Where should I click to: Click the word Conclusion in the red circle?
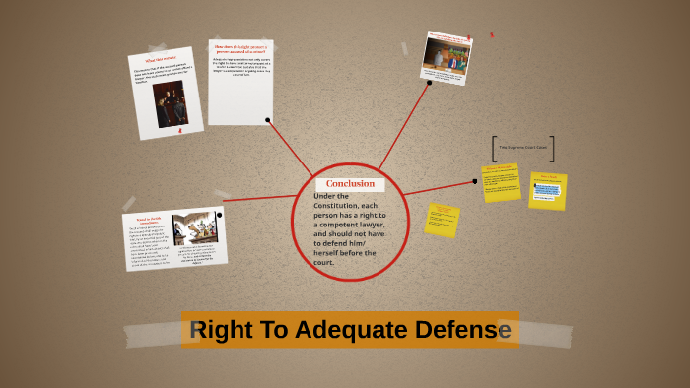tap(350, 183)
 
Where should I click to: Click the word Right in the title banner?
tap(218, 330)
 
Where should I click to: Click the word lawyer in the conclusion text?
tap(367, 225)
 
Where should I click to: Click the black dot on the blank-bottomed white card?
tap(267, 120)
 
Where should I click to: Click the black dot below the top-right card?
tap(430, 83)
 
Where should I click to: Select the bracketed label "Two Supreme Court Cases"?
tap(522, 148)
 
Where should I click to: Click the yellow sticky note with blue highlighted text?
tap(547, 190)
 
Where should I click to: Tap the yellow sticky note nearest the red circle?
tap(442, 220)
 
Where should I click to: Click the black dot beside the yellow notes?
tap(474, 181)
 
